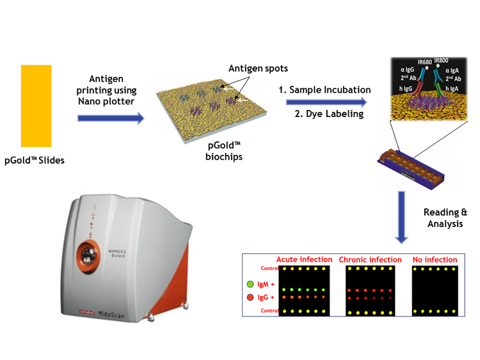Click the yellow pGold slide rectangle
pos(36,106)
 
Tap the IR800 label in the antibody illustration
pos(442,61)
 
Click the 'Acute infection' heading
pos(304,260)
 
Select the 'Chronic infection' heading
pos(370,260)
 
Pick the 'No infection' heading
pos(435,260)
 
